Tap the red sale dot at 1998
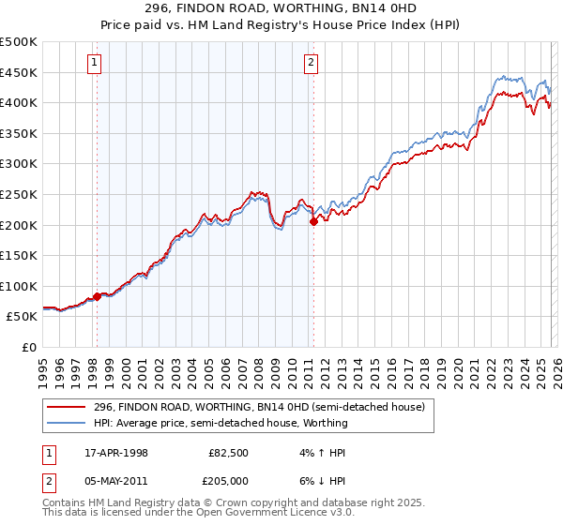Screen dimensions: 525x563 tap(97, 296)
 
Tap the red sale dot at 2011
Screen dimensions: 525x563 tap(313, 221)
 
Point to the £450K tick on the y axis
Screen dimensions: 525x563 tap(19, 72)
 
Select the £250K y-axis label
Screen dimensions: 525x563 tap(19, 194)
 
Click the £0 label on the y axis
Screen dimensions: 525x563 tap(30, 347)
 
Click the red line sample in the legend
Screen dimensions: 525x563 tap(68, 407)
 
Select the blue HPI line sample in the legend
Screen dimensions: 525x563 tap(68, 423)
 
